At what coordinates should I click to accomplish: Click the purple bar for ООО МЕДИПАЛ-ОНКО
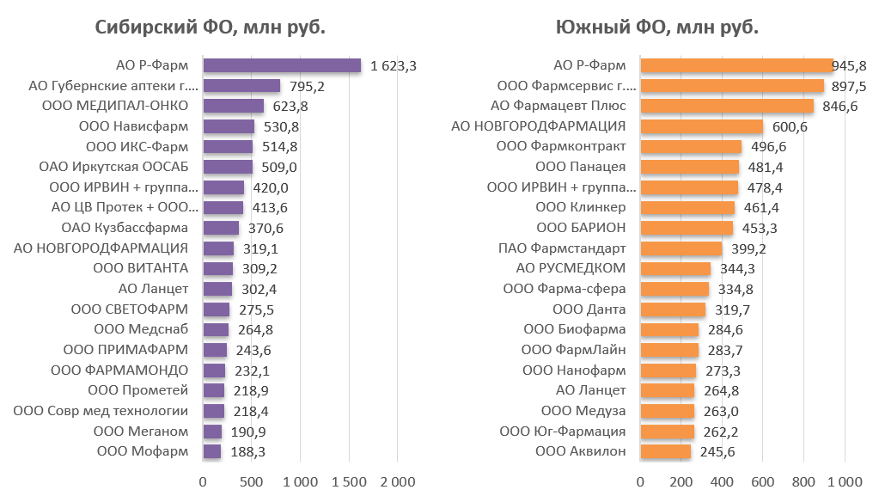(233, 106)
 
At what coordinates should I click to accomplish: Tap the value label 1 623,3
(394, 65)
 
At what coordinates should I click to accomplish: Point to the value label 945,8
(850, 65)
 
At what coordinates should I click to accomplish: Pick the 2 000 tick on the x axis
(398, 481)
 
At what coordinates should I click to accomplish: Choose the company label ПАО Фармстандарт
(562, 248)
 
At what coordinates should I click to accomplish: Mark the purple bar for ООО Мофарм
(211, 451)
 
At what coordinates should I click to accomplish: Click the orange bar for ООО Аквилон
(665, 451)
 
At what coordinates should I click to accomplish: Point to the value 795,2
(308, 86)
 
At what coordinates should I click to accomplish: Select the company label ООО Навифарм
(145, 126)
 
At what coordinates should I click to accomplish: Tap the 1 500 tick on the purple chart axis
(349, 481)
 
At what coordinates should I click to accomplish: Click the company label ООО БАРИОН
(581, 228)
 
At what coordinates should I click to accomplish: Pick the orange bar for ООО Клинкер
(687, 207)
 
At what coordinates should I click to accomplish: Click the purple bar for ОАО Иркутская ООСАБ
(228, 167)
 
